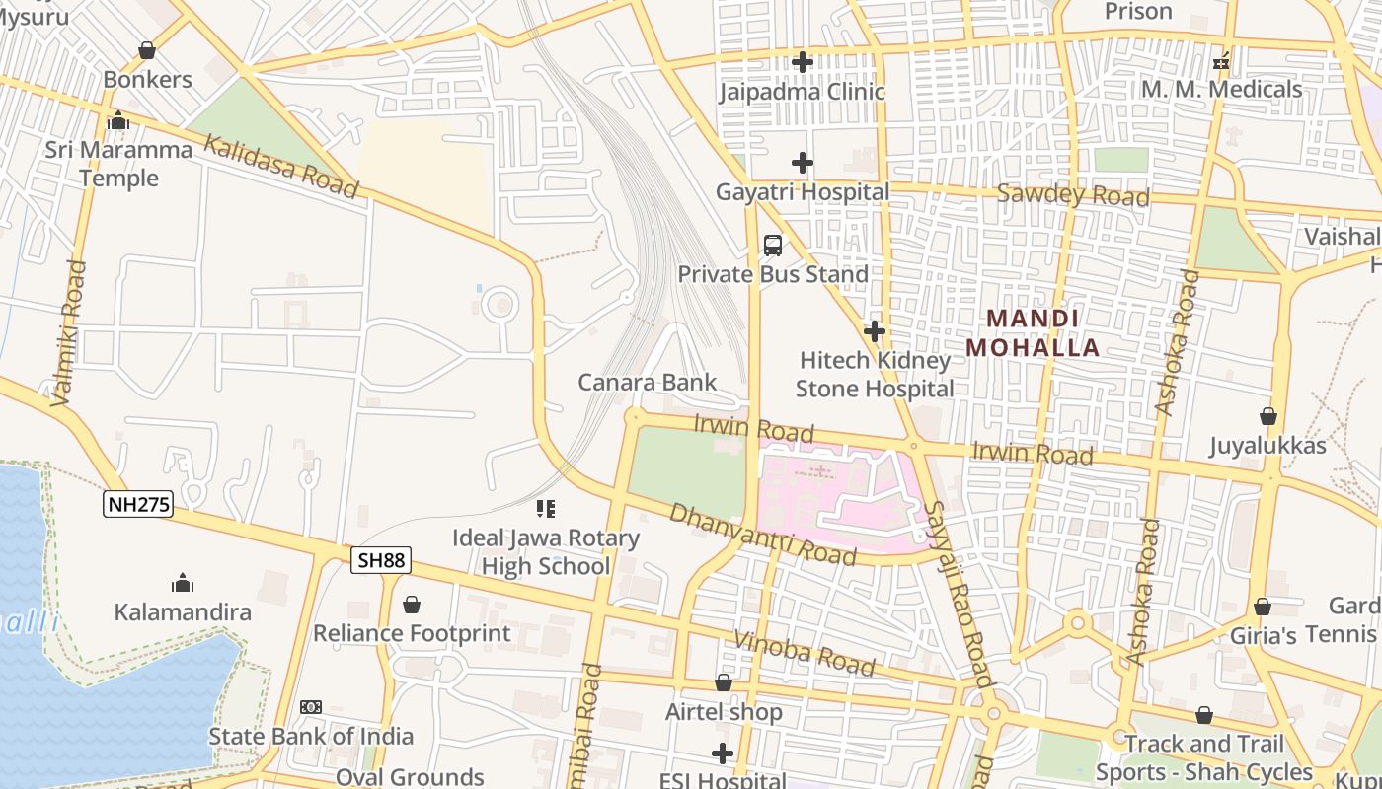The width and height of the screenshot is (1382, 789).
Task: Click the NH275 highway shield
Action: [138, 505]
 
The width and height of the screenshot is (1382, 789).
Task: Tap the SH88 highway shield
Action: [381, 561]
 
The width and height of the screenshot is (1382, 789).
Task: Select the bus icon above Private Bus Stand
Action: [773, 245]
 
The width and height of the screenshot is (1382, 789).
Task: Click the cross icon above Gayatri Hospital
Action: [803, 163]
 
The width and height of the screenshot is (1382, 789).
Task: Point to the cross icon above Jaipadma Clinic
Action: [803, 62]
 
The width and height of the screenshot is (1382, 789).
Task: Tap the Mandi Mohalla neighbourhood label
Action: [1033, 333]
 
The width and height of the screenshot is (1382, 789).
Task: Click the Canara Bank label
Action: [648, 382]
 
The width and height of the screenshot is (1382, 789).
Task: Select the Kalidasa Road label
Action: [280, 167]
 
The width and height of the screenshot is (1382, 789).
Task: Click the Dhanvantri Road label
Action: [762, 535]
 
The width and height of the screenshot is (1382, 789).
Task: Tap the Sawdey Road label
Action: [1073, 194]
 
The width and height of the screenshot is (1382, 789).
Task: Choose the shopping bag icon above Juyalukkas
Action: [1268, 416]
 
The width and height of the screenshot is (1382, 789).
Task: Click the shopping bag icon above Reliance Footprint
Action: [412, 604]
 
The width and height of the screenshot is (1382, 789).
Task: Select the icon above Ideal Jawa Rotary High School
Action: [546, 509]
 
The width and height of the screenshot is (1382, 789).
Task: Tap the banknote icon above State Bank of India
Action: [311, 707]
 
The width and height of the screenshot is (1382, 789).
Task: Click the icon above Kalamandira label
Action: [183, 583]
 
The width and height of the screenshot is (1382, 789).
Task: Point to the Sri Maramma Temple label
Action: [118, 164]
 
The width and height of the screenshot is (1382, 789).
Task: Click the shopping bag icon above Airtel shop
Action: [724, 682]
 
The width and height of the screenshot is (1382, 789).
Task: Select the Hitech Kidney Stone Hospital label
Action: [875, 375]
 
